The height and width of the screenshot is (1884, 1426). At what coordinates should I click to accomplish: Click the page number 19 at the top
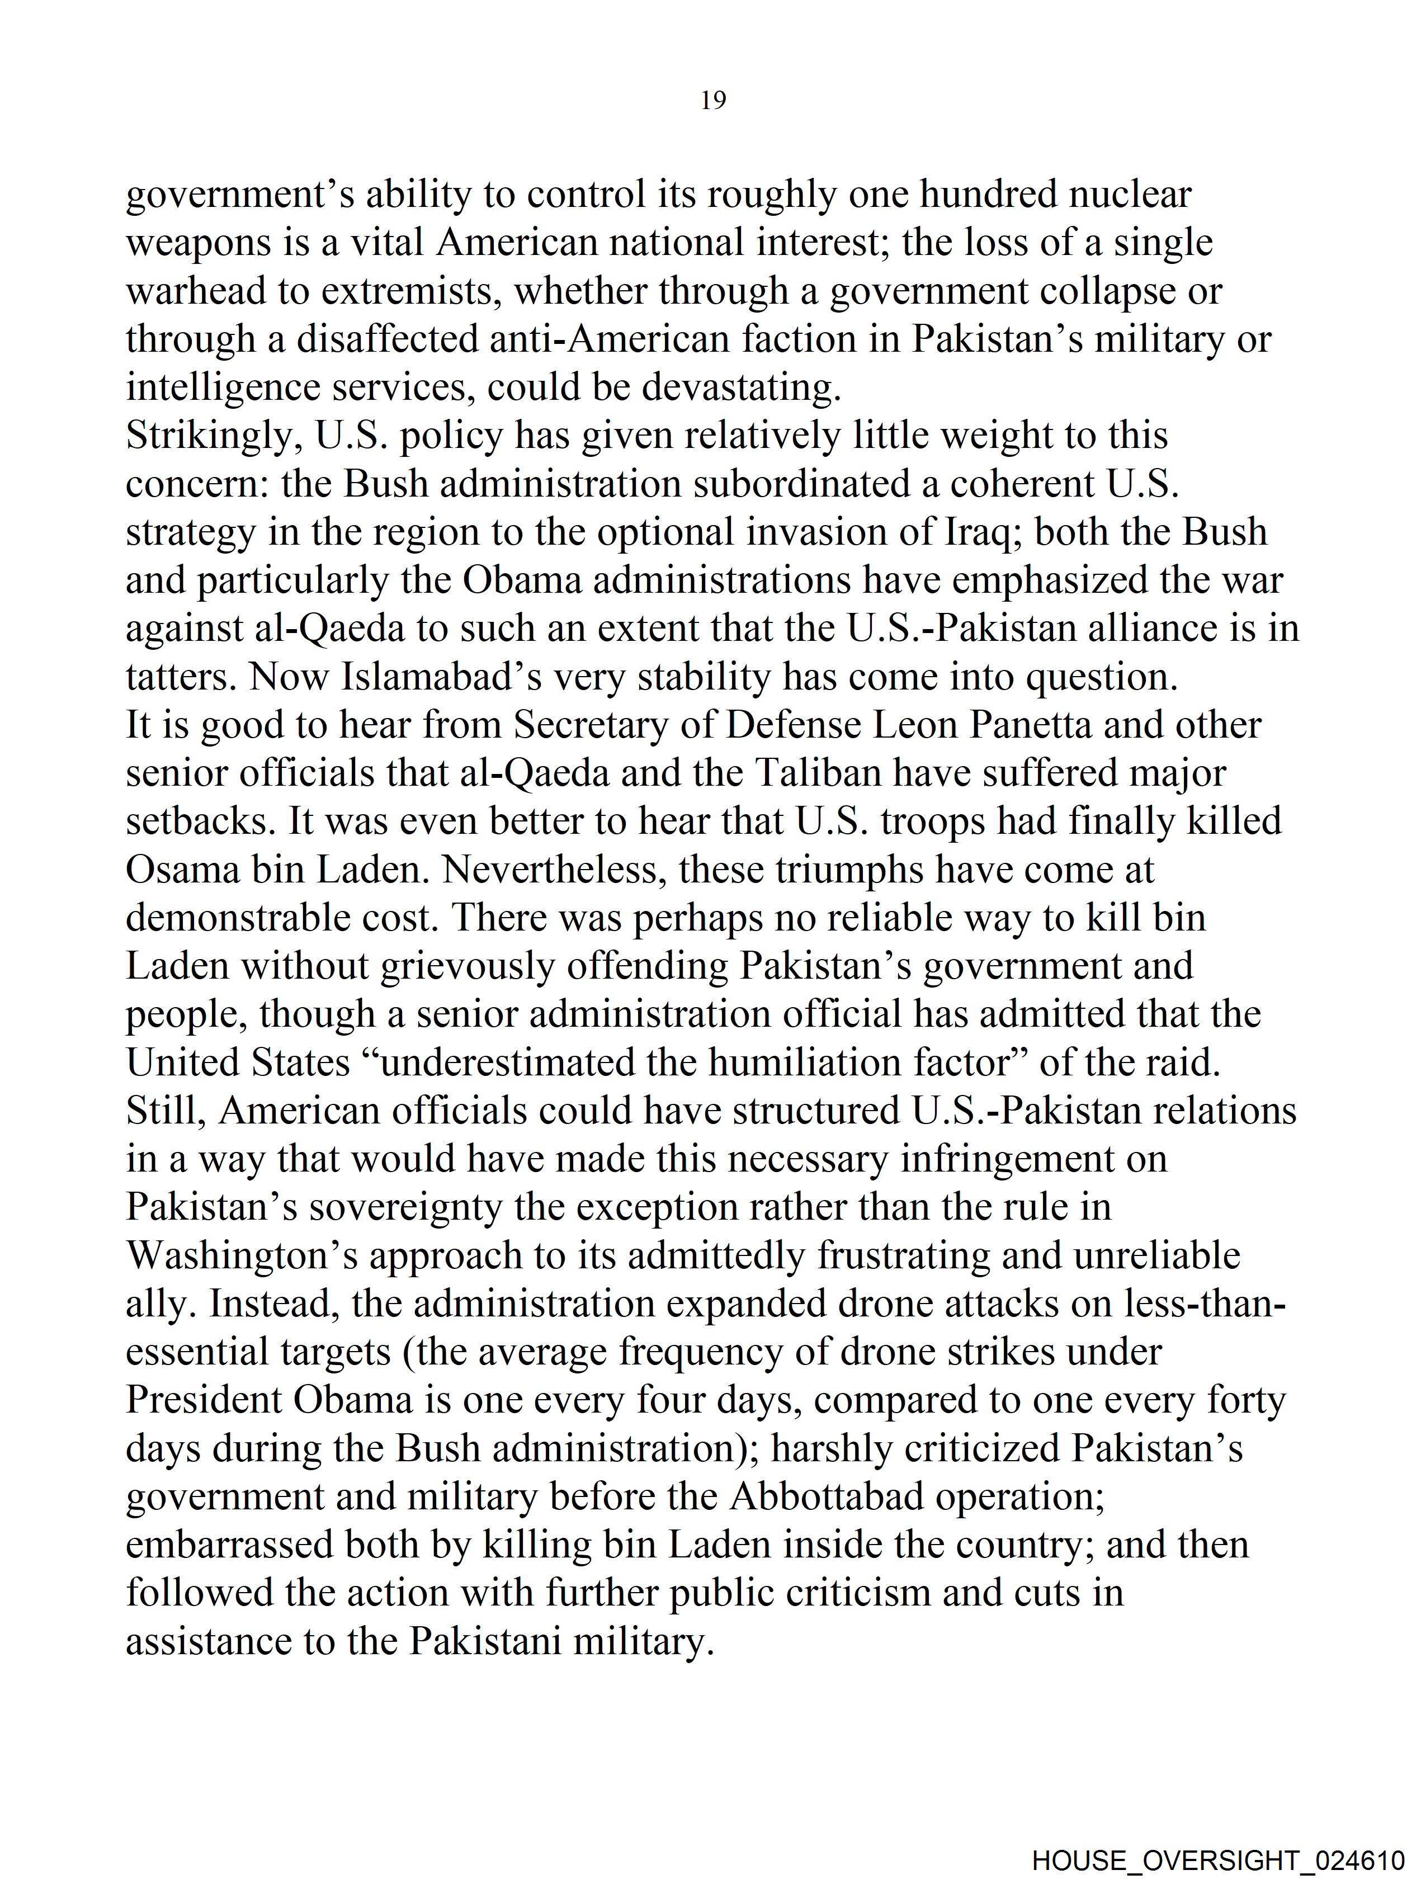click(x=713, y=101)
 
